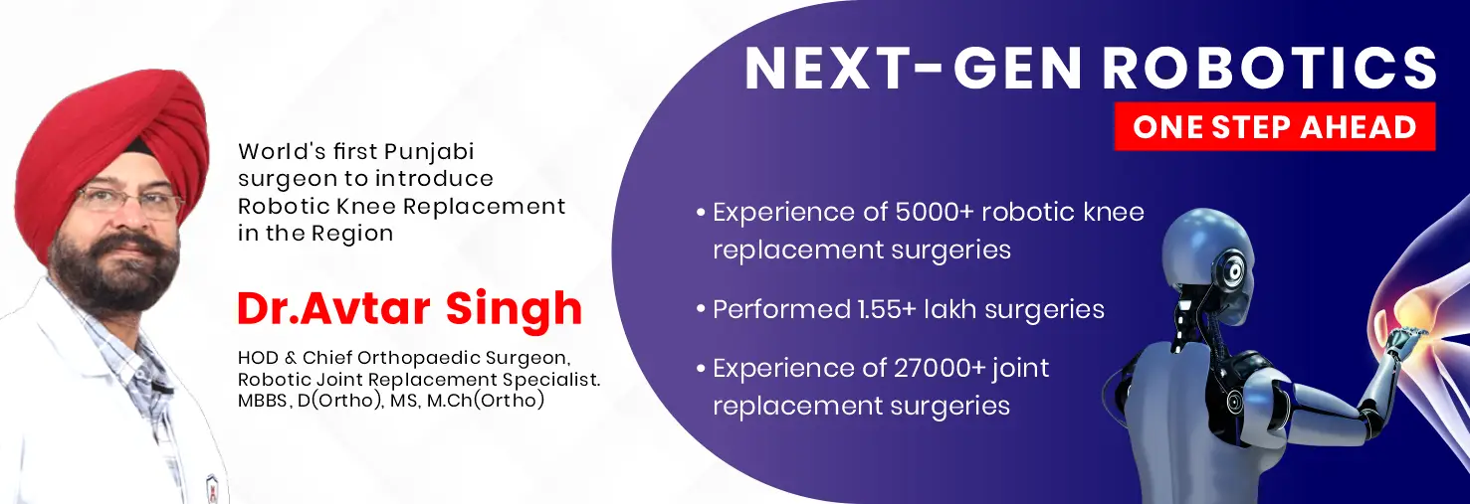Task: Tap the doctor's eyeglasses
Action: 127,203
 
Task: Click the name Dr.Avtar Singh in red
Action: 409,308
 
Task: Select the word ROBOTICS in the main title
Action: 1270,70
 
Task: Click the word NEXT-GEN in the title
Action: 914,70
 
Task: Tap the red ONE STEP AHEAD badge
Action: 1274,127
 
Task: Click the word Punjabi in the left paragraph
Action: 430,152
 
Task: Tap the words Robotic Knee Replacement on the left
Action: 401,207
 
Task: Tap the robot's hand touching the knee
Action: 1403,343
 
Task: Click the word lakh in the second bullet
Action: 956,309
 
